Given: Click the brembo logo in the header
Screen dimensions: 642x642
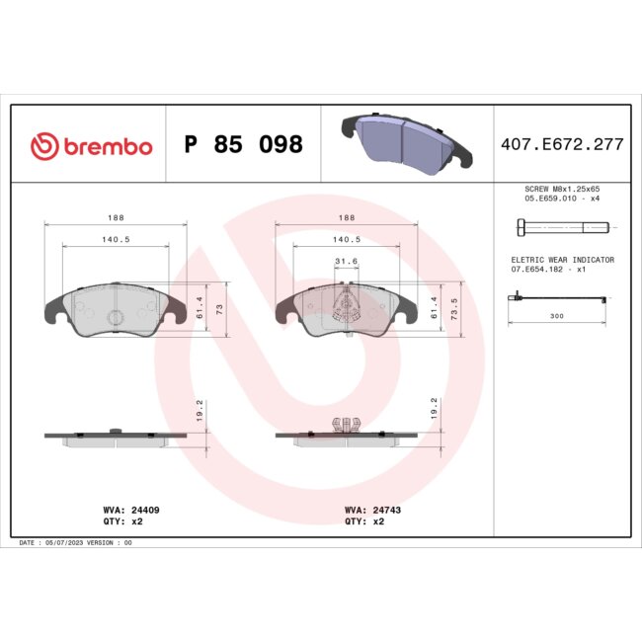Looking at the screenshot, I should click(91, 146).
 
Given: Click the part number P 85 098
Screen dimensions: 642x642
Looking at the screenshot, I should click(244, 145).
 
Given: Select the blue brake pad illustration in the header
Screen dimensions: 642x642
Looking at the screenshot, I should click(403, 140).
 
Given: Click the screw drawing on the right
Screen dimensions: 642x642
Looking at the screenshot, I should click(561, 227).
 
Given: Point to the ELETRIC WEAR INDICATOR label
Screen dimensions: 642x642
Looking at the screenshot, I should click(561, 259).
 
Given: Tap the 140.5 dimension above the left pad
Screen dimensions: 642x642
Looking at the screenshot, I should click(117, 239).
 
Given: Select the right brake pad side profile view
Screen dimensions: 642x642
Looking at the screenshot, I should click(344, 434).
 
